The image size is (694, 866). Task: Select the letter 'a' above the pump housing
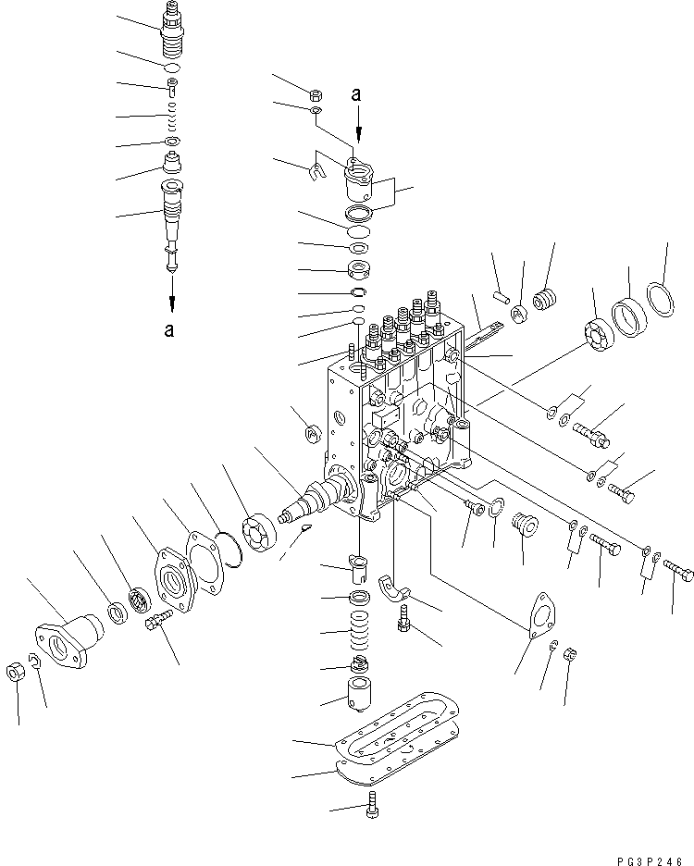[356, 93]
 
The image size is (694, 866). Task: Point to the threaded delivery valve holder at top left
[173, 28]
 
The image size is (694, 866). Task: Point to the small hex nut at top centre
[314, 93]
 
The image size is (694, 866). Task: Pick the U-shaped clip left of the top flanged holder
[315, 170]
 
